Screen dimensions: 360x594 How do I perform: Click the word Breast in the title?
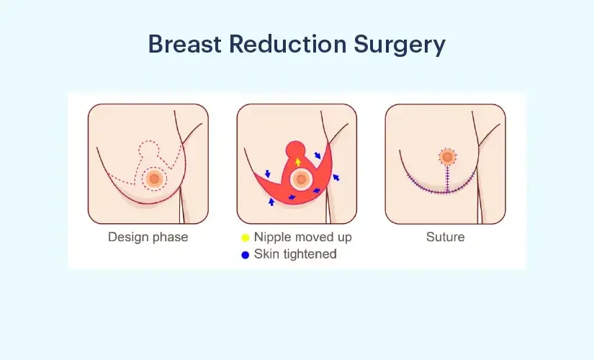pos(185,45)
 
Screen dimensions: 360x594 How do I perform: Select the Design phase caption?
pos(148,237)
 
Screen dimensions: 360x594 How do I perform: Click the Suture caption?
pos(445,237)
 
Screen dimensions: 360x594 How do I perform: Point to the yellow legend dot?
pos(245,237)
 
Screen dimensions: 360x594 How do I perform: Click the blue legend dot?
pos(245,254)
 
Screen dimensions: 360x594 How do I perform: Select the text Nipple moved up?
pos(302,237)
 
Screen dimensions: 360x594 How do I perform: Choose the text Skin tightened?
pos(294,254)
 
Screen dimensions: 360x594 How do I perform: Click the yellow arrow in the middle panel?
pos(297,162)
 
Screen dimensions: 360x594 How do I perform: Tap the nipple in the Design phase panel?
pos(153,178)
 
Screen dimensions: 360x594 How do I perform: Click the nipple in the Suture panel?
pos(446,157)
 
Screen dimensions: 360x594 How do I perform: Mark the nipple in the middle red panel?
pos(301,179)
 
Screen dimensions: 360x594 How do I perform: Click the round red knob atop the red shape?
pos(296,150)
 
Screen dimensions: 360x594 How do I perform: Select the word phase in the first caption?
pos(171,237)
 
